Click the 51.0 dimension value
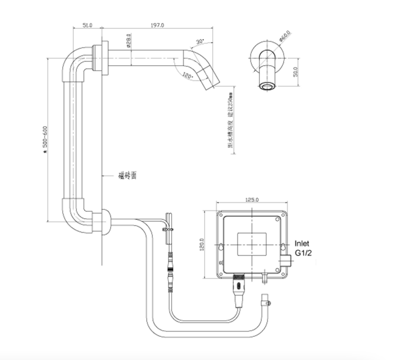87,25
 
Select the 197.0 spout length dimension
157,25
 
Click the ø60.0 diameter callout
285,39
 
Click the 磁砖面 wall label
127,175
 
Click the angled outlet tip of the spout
210,81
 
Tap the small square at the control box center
252,242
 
